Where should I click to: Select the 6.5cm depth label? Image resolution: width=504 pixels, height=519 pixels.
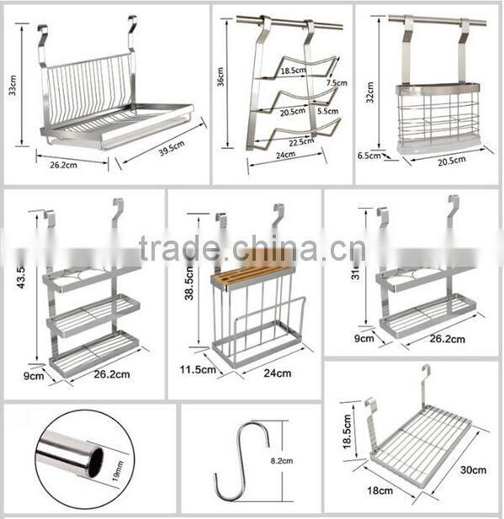pos(368,156)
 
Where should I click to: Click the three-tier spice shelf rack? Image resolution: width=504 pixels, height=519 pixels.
pos(91,311)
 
